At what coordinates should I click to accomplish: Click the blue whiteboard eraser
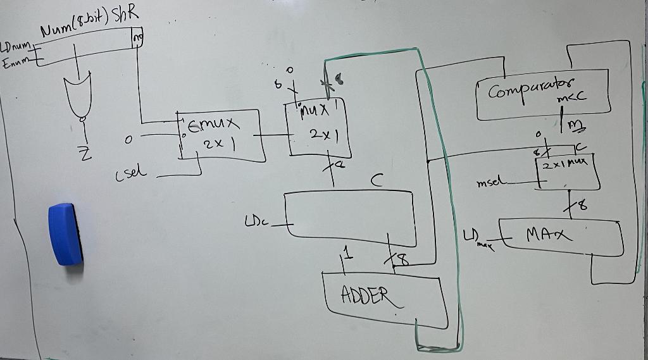(x=65, y=233)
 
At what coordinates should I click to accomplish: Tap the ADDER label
(x=363, y=294)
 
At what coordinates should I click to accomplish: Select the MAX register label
(x=549, y=235)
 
